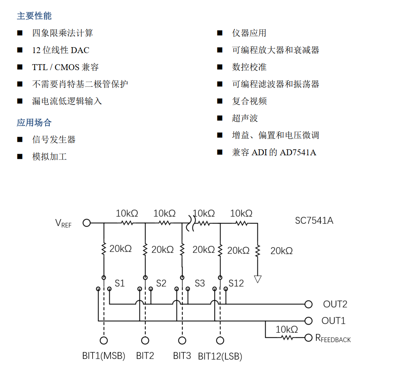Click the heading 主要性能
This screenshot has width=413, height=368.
pyautogui.click(x=34, y=16)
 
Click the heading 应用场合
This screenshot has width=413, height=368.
pyautogui.click(x=34, y=123)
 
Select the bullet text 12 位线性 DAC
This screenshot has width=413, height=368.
pyautogui.click(x=61, y=50)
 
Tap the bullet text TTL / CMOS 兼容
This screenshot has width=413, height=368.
pyautogui.click(x=65, y=67)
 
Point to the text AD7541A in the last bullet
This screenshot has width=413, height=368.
pyautogui.click(x=298, y=153)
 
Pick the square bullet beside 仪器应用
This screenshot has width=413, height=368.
pyautogui.click(x=220, y=33)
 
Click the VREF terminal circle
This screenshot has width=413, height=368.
pyautogui.click(x=86, y=223)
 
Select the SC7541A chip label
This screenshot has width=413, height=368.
pyautogui.click(x=314, y=221)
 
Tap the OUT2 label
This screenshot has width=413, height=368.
pyautogui.click(x=335, y=304)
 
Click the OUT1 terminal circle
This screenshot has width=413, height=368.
pyautogui.click(x=308, y=320)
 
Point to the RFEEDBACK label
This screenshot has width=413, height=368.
pyautogui.click(x=333, y=338)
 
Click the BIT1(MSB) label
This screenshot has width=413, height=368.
pyautogui.click(x=104, y=356)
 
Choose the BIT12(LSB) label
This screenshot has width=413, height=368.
pyautogui.click(x=220, y=356)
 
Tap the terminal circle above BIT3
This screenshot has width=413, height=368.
pyautogui.click(x=182, y=341)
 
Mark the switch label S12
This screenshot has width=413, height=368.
pyautogui.click(x=236, y=284)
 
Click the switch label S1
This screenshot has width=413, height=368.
pyautogui.click(x=120, y=284)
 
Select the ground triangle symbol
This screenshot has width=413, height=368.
pyautogui.click(x=258, y=279)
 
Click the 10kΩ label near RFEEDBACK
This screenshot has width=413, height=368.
pyautogui.click(x=287, y=330)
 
